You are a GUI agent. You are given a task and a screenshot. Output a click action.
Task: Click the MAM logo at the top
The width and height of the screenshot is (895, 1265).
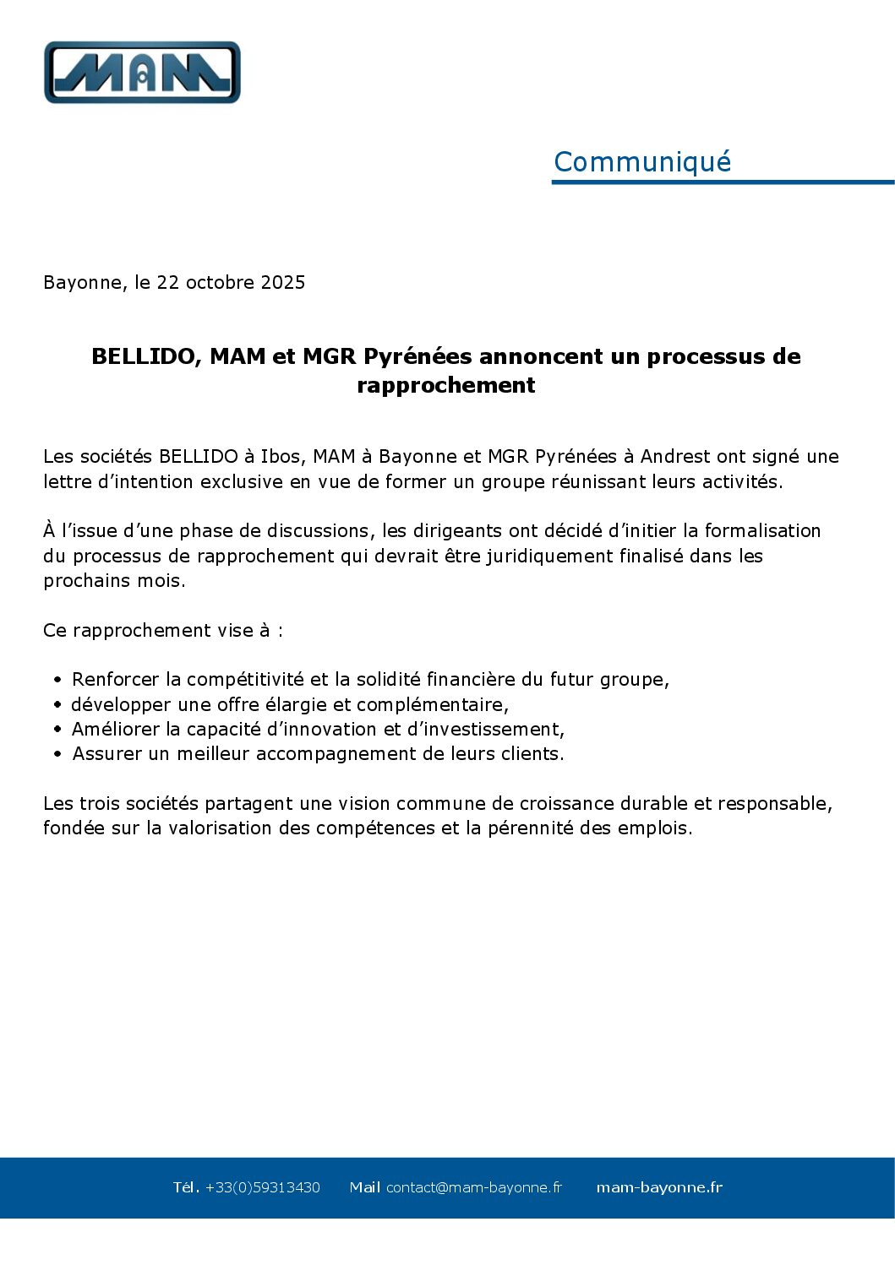[x=142, y=73]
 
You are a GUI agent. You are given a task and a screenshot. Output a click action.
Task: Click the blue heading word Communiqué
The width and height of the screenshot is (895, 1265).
[x=641, y=161]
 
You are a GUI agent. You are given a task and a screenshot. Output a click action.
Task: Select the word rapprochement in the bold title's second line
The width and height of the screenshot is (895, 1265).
[x=445, y=385]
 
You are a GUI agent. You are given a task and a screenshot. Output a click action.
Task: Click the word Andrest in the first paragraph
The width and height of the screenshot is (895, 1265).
[x=675, y=457]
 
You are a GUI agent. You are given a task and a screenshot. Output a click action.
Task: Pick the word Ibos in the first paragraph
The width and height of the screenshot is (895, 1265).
[x=280, y=457]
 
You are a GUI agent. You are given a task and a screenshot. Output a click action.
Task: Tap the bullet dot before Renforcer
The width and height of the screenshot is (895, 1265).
[x=57, y=680]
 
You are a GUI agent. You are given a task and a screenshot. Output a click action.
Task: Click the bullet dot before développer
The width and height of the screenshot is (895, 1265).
[x=57, y=704]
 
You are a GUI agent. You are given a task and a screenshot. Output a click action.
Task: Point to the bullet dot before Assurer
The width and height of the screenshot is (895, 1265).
[x=57, y=754]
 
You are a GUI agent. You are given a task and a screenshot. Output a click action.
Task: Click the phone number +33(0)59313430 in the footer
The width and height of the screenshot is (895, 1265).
[x=262, y=1187]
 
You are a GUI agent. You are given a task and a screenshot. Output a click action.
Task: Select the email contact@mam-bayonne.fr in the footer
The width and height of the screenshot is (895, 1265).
[x=473, y=1187]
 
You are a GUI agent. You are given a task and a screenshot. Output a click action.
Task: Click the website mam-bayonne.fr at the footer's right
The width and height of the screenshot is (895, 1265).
[x=659, y=1187]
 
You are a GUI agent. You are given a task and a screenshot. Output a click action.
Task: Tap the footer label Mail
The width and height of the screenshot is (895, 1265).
[x=364, y=1187]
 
